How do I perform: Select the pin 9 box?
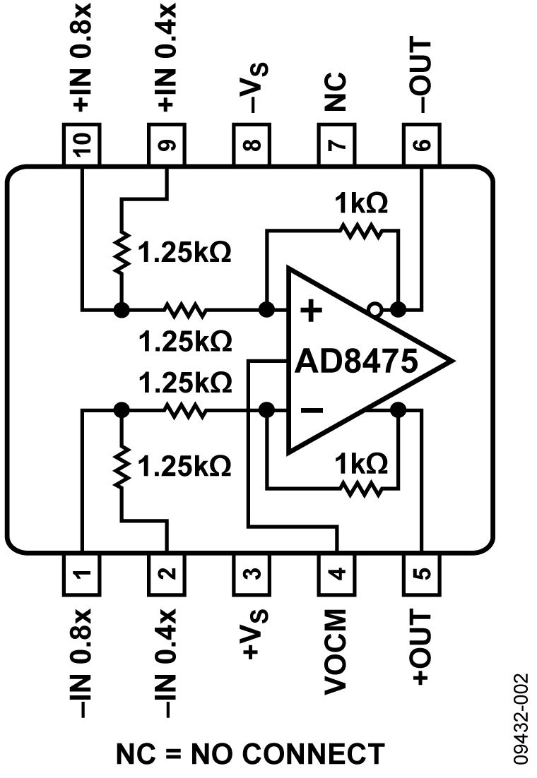[167, 144]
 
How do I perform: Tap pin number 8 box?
[252, 144]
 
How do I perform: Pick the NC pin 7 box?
[336, 144]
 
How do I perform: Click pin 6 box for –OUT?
[421, 144]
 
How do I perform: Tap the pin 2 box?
[167, 573]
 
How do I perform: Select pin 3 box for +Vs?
[252, 573]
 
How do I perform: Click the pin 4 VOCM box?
[336, 573]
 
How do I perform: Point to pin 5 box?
[421, 573]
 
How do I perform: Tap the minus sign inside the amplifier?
[312, 410]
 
